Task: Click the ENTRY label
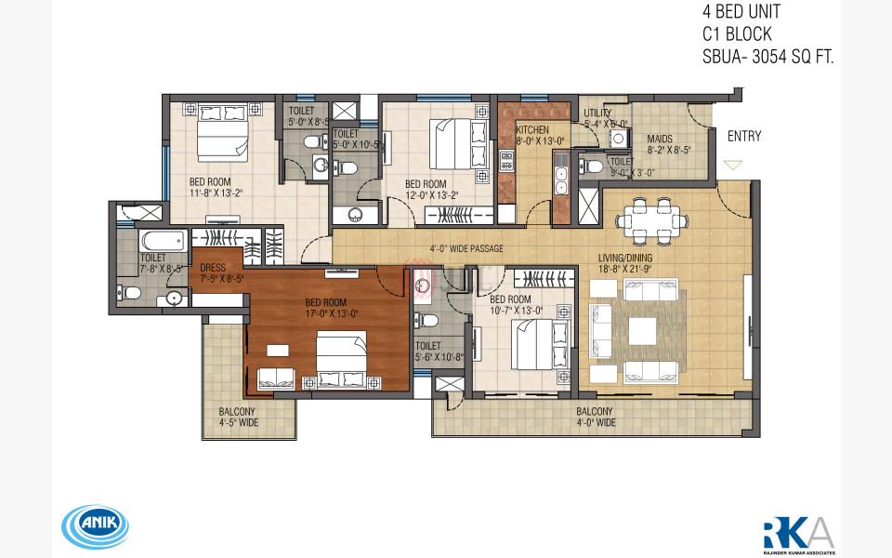coord(744,137)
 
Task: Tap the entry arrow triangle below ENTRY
coord(733,165)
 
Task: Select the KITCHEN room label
coord(532,129)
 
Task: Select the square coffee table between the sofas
coord(642,331)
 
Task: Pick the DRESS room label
coord(213,267)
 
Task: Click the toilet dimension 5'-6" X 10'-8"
coord(434,355)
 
